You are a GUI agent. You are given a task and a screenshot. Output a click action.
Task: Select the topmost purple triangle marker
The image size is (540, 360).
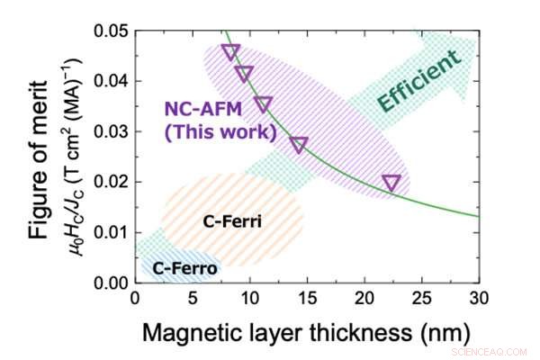[x=230, y=52]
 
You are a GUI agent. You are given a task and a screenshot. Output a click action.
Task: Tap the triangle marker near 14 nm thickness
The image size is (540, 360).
[x=299, y=145]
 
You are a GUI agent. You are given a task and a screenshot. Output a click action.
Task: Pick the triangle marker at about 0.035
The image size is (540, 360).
[x=263, y=104]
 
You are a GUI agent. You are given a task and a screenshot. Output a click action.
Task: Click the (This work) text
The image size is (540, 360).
[x=220, y=133]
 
